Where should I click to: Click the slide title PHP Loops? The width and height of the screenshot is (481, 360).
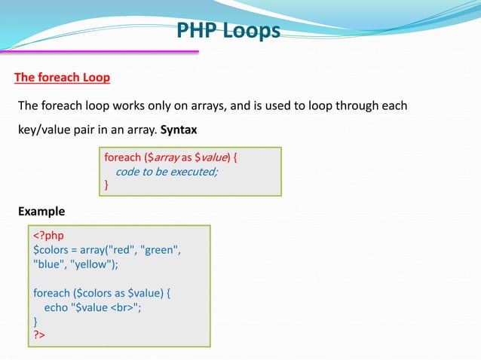coord(228,31)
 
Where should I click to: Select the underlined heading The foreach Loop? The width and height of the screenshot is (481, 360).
coord(63,78)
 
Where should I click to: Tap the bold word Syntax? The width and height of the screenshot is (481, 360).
coord(179,129)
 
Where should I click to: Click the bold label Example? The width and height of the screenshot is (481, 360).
coord(41,211)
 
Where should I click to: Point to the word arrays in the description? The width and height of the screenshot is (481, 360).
coord(204,105)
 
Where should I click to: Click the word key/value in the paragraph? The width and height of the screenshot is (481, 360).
coord(44,129)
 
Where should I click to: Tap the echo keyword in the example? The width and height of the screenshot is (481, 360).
coord(56,307)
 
